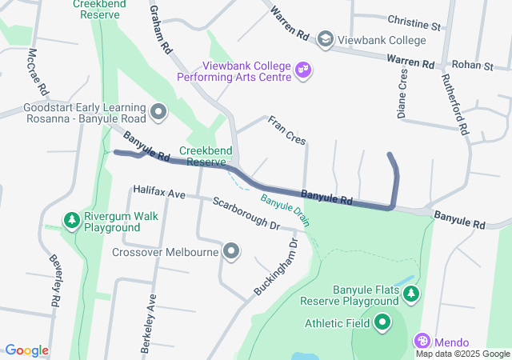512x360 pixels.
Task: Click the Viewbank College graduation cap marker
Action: point(325,38)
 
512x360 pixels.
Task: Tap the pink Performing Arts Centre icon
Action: point(304,70)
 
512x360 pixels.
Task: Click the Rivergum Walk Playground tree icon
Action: point(71,219)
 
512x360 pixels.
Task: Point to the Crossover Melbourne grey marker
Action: point(232,252)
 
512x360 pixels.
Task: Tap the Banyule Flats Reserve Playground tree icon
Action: point(411,294)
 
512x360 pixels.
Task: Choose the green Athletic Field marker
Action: point(382,323)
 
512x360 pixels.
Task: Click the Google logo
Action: point(26,350)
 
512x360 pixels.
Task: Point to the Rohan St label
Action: point(472,65)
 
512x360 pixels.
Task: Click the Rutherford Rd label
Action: point(455,104)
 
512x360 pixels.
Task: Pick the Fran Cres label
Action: point(286,130)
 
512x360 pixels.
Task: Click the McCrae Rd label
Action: point(38,71)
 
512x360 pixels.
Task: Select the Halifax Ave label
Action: point(160,194)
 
